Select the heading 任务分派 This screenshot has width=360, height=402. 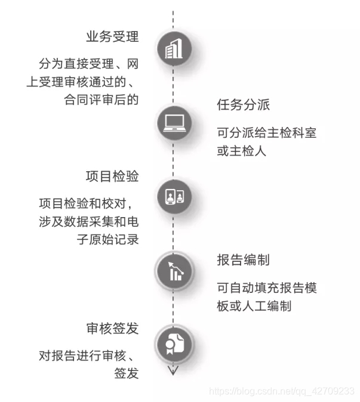tap(244, 106)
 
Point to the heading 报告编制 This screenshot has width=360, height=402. tap(244, 261)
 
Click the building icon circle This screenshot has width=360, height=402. tap(174, 49)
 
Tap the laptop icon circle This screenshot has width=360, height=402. tap(174, 122)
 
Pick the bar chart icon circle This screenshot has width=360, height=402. tap(174, 271)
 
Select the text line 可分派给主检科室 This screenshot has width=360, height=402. tap(266, 132)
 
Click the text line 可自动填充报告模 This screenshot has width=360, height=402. tap(266, 287)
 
